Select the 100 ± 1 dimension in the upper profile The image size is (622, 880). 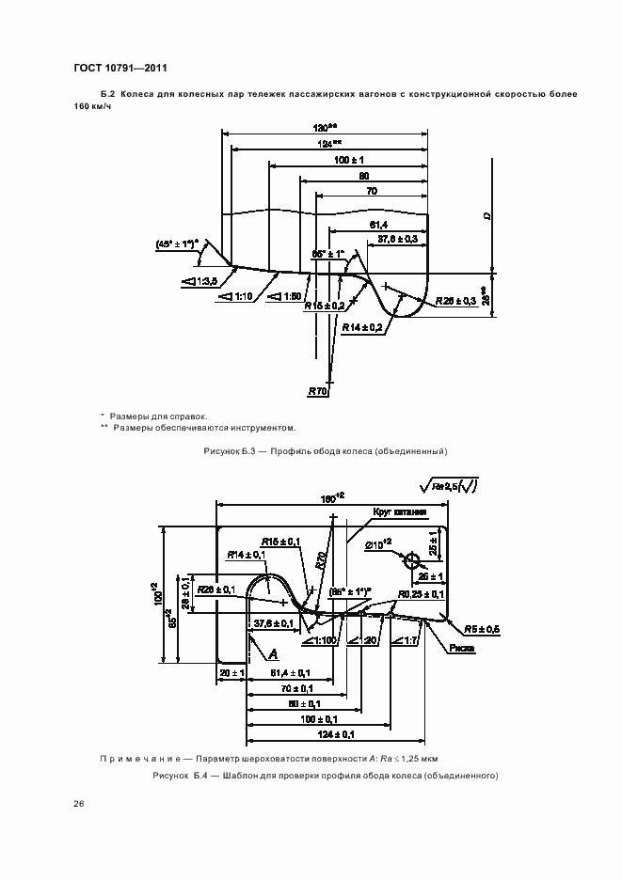[348, 160]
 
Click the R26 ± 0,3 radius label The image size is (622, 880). [458, 301]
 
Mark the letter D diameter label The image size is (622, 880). [487, 216]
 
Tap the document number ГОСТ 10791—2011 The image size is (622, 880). [120, 68]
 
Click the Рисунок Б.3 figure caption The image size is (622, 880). [325, 452]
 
